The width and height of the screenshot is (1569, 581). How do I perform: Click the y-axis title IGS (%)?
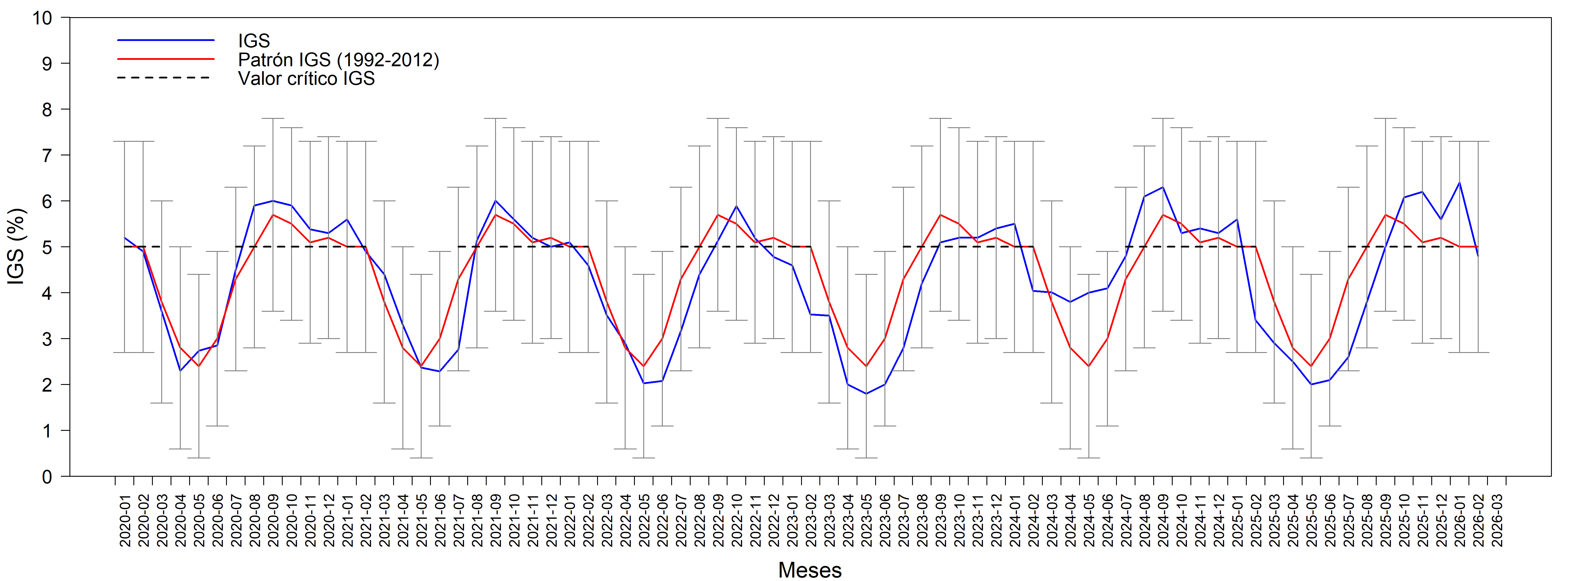(x=17, y=247)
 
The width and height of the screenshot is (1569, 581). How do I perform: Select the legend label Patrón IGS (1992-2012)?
(x=338, y=60)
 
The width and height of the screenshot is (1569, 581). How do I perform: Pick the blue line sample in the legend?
(x=166, y=40)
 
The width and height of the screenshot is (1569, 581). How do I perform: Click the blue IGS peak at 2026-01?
(x=1459, y=183)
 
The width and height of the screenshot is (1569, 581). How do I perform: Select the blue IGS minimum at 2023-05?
(x=866, y=393)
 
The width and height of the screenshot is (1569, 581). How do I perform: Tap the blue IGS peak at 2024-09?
(x=1163, y=187)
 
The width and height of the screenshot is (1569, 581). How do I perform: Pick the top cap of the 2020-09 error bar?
(x=273, y=119)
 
